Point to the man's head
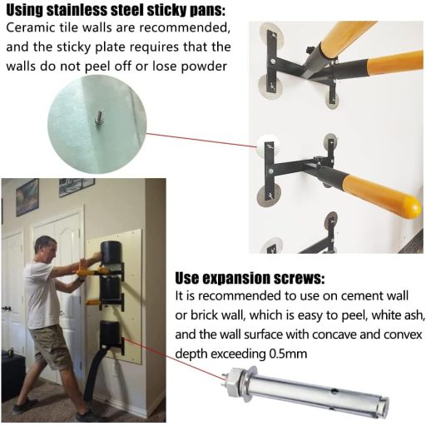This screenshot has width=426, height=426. [47, 248]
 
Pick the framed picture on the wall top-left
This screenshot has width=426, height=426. [27, 197]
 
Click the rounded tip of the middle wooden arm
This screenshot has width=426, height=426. [409, 206]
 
